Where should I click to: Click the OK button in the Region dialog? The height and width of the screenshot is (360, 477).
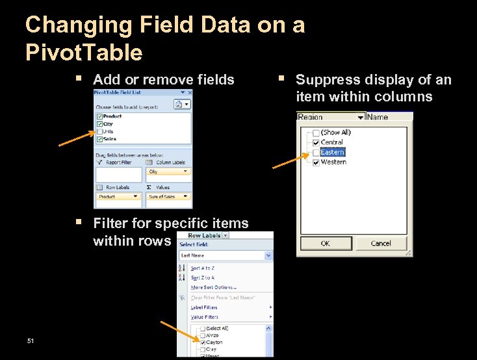pyautogui.click(x=325, y=244)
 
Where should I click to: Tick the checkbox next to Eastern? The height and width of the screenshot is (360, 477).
pyautogui.click(x=316, y=152)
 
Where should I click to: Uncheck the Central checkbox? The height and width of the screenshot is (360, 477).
pyautogui.click(x=316, y=142)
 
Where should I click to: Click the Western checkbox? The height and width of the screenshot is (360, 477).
pyautogui.click(x=316, y=162)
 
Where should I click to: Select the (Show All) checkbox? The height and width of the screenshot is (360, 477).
pyautogui.click(x=316, y=133)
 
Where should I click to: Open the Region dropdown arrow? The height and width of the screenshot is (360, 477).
pyautogui.click(x=360, y=117)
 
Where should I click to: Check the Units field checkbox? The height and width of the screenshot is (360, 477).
pyautogui.click(x=99, y=131)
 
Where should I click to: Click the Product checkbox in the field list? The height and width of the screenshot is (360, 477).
pyautogui.click(x=99, y=116)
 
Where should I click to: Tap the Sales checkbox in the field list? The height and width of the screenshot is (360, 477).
pyautogui.click(x=99, y=139)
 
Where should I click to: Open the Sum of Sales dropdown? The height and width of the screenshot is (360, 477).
pyautogui.click(x=187, y=196)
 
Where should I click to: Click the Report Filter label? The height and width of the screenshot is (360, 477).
pyautogui.click(x=118, y=162)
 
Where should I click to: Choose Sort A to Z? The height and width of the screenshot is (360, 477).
pyautogui.click(x=202, y=268)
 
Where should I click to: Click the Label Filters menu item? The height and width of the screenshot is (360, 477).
pyautogui.click(x=204, y=307)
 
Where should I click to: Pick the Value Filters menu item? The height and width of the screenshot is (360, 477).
pyautogui.click(x=204, y=317)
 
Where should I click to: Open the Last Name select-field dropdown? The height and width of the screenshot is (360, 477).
pyautogui.click(x=268, y=256)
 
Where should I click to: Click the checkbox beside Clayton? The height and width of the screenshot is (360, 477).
pyautogui.click(x=202, y=342)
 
